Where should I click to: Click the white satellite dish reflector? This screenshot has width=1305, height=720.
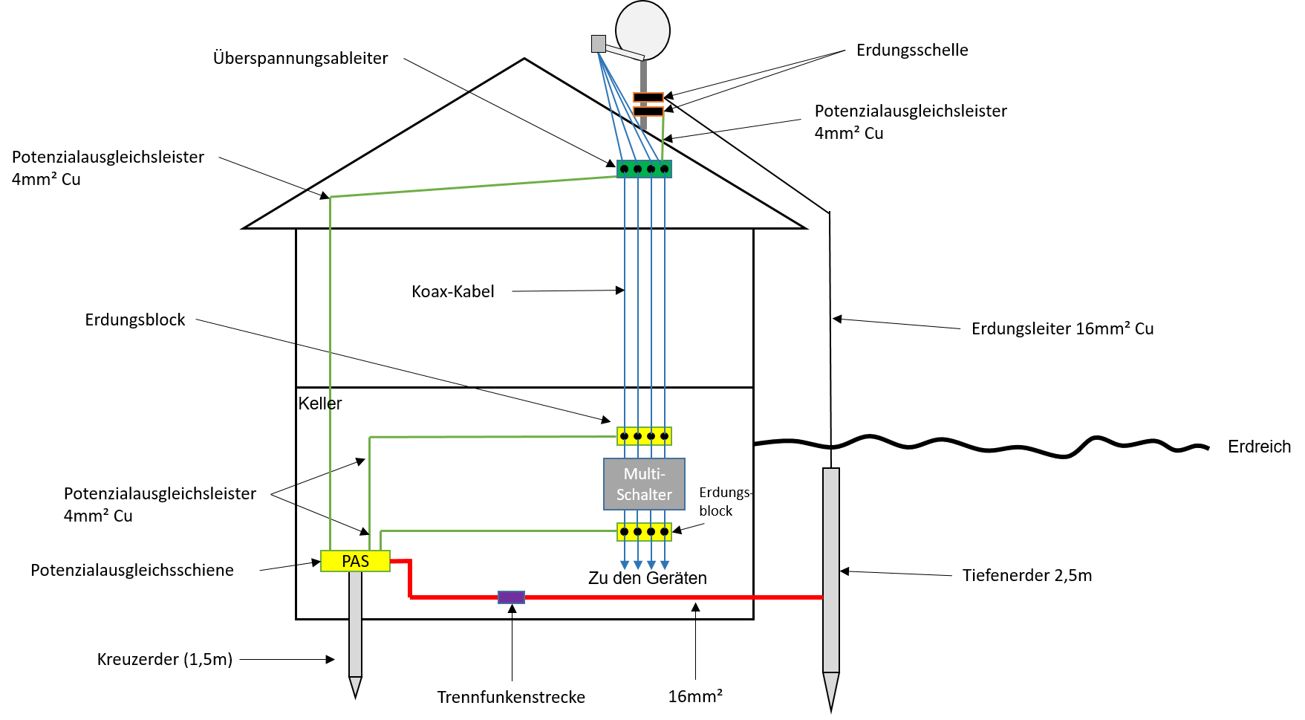(x=643, y=30)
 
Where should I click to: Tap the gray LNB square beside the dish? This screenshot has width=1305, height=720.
(x=599, y=44)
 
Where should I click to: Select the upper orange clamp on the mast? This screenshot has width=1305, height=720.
(x=648, y=97)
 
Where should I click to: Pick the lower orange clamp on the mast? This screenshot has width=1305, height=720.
(x=648, y=111)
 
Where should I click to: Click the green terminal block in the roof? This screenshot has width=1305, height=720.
(x=644, y=169)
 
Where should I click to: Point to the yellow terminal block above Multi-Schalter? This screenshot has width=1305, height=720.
(x=644, y=436)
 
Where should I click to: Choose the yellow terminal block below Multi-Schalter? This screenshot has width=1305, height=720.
(x=644, y=532)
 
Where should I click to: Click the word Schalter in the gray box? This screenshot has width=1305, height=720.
(x=644, y=495)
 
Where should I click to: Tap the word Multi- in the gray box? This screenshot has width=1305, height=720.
(x=644, y=474)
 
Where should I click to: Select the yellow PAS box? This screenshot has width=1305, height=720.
(x=355, y=561)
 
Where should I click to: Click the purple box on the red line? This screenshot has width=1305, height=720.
(x=511, y=597)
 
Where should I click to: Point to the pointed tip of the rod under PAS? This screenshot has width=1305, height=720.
(x=355, y=688)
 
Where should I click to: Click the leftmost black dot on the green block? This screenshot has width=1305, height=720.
(x=625, y=169)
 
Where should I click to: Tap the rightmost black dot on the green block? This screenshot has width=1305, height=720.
(x=665, y=169)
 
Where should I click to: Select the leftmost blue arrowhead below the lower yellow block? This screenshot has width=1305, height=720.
(x=625, y=566)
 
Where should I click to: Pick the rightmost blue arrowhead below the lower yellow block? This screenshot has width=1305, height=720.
(x=665, y=566)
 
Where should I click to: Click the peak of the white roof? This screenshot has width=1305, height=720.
(x=524, y=61)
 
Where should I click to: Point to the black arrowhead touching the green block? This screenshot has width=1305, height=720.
(x=611, y=163)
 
